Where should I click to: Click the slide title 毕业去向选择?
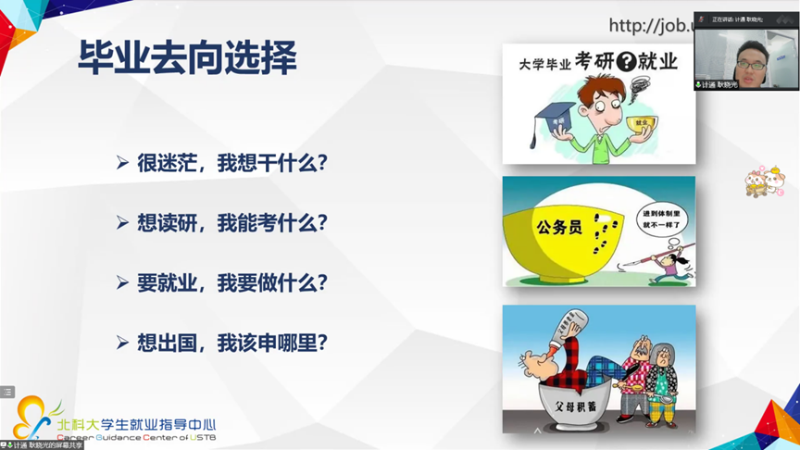point(188,59)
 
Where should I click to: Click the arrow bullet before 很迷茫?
point(122,164)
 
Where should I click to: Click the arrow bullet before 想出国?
point(122,343)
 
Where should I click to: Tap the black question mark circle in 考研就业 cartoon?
point(625,62)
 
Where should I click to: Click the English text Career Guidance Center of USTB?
point(135,437)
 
